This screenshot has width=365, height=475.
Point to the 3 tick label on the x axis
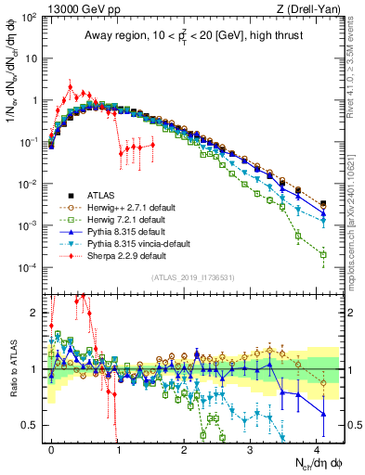[250, 448]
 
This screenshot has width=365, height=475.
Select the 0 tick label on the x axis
[52, 448]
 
